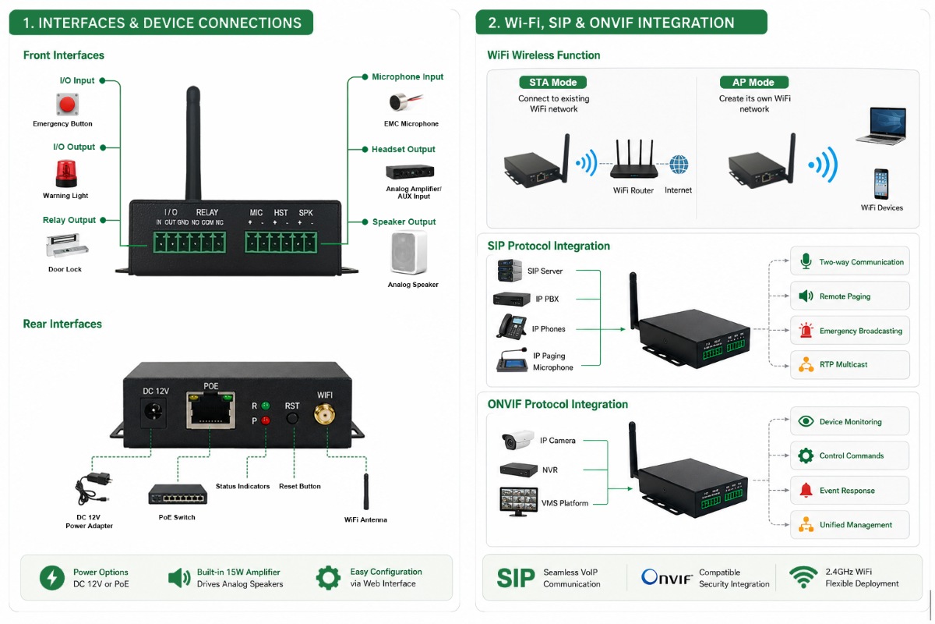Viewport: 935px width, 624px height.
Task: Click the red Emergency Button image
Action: [x=67, y=104]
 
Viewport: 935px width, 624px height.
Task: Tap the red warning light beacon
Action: [x=66, y=173]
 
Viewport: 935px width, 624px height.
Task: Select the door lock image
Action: [x=67, y=246]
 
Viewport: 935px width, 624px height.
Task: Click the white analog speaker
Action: [x=409, y=253]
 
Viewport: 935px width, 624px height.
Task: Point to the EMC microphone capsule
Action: [x=400, y=102]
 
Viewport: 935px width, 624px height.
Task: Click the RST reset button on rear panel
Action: [x=292, y=418]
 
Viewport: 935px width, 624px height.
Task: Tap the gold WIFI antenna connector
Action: [x=324, y=414]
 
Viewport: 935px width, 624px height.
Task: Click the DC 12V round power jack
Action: [x=153, y=411]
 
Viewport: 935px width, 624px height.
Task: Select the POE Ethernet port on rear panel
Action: [x=210, y=410]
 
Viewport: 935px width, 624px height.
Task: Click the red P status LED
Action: [x=265, y=420]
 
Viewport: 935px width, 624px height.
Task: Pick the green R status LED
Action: [x=265, y=406]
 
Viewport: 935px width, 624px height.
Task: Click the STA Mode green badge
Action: [x=552, y=83]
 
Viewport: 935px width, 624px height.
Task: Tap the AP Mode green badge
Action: [x=754, y=83]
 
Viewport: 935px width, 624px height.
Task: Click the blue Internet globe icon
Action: [x=679, y=165]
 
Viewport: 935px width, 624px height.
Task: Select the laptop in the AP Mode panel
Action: [x=881, y=126]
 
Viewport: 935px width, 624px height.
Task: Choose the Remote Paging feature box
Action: [x=850, y=296]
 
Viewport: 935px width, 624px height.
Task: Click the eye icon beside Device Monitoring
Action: [x=806, y=421]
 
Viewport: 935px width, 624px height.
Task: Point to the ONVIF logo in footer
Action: [x=667, y=578]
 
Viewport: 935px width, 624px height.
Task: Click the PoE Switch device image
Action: [x=178, y=495]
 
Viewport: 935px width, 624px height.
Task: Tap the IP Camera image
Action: [x=517, y=440]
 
